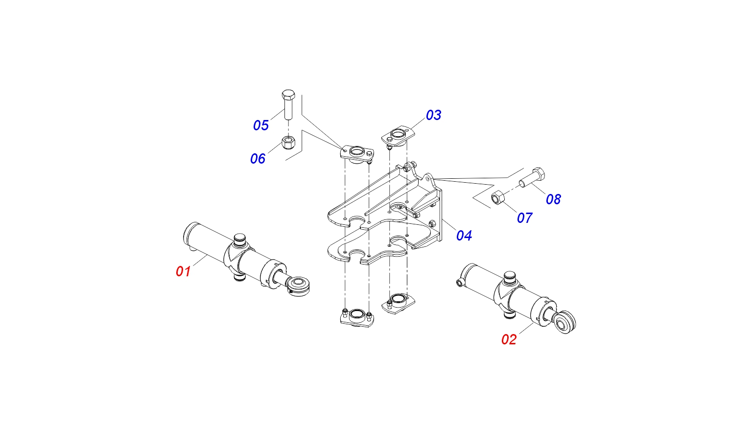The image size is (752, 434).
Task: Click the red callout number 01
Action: [183, 271]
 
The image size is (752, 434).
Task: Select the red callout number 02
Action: [509, 339]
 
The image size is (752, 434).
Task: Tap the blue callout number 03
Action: [433, 115]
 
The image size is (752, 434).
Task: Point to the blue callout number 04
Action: [464, 236]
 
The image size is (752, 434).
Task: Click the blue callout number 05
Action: [261, 125]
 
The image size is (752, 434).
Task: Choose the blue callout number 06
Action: [258, 159]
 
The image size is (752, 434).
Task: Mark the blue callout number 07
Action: [525, 218]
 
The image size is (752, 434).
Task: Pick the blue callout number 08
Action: [553, 199]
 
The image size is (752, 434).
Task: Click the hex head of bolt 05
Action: [288, 94]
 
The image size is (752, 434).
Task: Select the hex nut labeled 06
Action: [288, 143]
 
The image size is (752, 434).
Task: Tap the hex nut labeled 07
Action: [498, 197]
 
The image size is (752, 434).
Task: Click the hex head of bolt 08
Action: [539, 173]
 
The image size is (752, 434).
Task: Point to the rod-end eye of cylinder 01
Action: [299, 286]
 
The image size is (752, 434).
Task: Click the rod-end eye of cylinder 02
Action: [565, 322]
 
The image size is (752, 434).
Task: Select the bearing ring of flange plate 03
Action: [399, 134]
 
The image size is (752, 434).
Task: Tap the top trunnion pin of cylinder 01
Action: [239, 240]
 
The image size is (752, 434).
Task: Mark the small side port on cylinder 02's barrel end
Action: [460, 283]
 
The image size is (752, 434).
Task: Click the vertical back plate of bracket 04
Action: [440, 215]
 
